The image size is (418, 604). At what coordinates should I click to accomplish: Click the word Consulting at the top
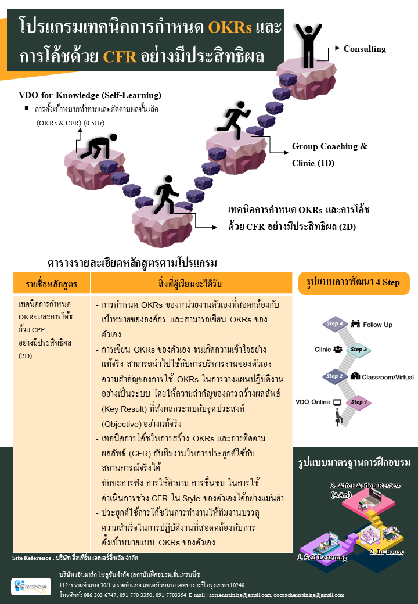tap(365, 49)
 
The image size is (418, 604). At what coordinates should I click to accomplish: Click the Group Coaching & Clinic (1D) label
tap(329, 154)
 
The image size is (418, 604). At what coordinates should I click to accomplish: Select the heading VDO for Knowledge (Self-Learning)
tap(90, 95)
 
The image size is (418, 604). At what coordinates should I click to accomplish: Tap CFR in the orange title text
tap(120, 57)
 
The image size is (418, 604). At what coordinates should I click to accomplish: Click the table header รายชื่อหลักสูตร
tap(51, 284)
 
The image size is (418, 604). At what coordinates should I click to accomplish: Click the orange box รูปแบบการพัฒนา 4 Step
tap(353, 283)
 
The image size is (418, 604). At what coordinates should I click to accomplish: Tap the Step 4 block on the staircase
tap(336, 324)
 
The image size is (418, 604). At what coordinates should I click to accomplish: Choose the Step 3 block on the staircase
tap(359, 350)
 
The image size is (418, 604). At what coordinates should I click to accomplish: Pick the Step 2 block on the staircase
tap(335, 376)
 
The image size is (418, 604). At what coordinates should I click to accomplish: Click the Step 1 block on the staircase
tap(358, 402)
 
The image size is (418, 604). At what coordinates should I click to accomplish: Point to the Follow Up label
tap(378, 324)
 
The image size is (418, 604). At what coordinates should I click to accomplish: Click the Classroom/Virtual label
tap(388, 376)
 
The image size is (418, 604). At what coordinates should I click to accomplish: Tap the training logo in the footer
tap(30, 585)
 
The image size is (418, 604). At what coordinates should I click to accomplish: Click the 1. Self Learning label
tap(322, 558)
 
